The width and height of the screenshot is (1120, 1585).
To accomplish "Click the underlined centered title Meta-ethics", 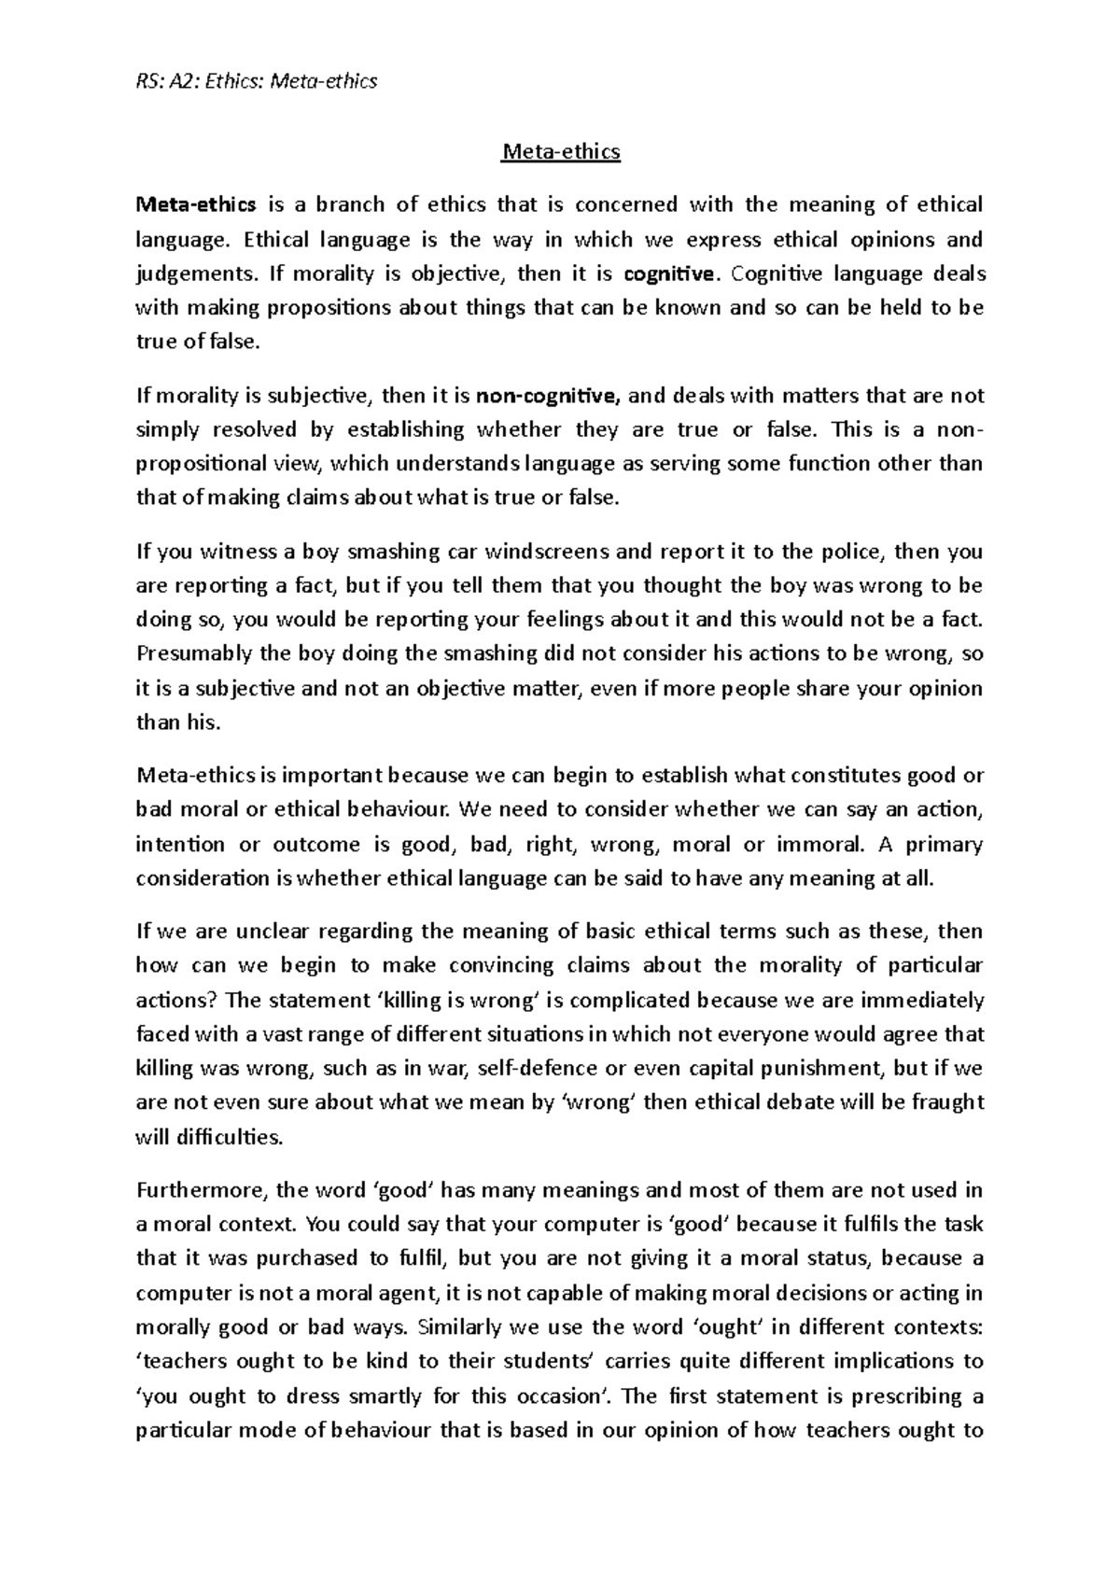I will tap(560, 151).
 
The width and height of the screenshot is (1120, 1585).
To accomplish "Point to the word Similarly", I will tap(460, 1326).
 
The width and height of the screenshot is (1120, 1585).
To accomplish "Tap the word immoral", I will tap(823, 845).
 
